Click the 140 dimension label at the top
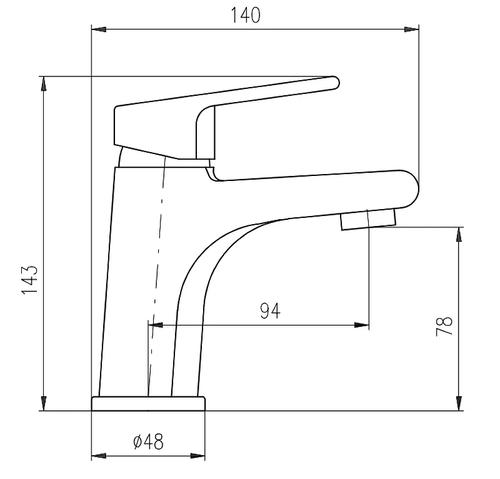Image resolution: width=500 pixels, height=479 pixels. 245,15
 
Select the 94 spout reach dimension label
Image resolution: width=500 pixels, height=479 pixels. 271,311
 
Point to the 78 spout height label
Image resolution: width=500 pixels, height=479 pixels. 444,326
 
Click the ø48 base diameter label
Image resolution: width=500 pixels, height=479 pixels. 148,441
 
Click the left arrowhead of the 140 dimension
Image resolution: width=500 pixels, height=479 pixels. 99,29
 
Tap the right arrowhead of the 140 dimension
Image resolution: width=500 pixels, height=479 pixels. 412,29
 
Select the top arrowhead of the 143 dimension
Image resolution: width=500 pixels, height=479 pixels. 44,84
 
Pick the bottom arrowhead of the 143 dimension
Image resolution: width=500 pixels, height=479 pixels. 44,404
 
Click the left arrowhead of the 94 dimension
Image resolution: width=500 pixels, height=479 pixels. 156,326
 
